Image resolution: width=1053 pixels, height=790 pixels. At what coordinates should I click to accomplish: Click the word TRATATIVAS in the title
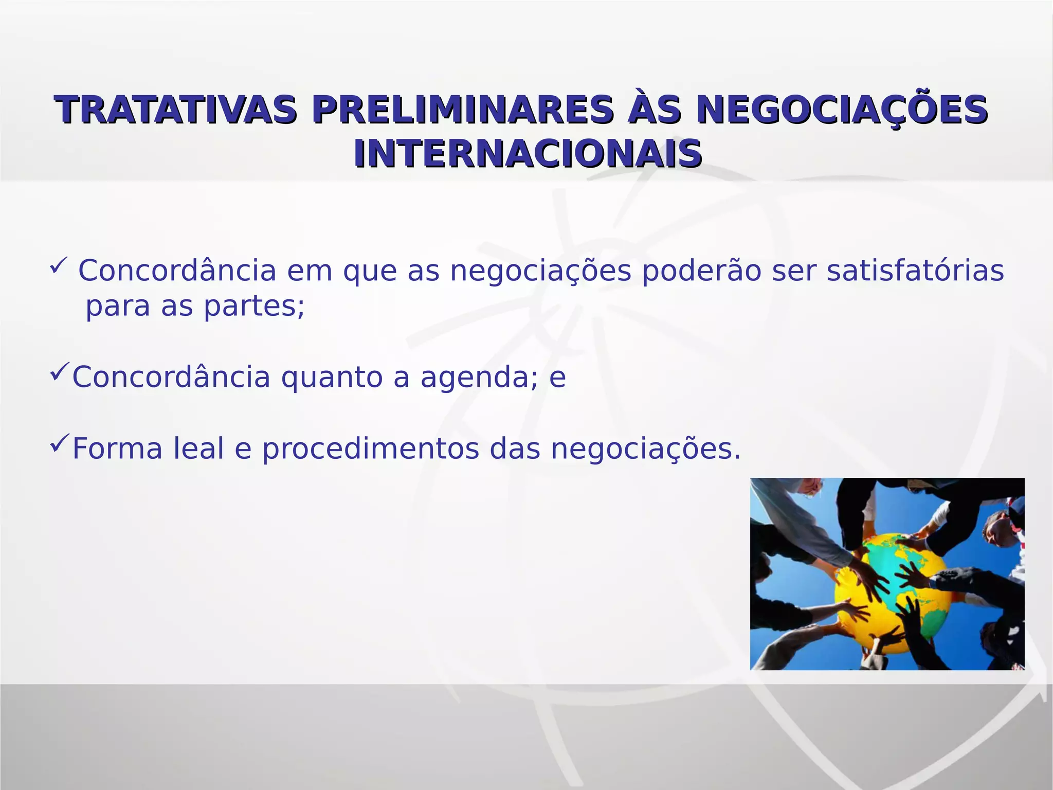(176, 110)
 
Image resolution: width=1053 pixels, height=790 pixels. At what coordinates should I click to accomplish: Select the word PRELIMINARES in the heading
(463, 110)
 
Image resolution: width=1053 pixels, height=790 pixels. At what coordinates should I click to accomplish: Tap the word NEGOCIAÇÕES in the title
(841, 110)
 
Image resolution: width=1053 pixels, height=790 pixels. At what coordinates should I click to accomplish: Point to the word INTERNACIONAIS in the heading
(528, 154)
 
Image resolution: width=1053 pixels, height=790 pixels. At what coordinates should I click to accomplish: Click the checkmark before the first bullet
(58, 266)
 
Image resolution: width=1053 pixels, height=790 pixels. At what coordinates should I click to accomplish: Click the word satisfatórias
(915, 271)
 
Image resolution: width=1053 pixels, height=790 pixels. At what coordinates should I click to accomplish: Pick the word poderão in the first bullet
(701, 271)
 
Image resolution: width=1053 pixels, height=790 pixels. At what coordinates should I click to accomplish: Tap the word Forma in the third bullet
(117, 448)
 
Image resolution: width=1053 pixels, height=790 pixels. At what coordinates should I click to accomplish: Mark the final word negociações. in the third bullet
(646, 448)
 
